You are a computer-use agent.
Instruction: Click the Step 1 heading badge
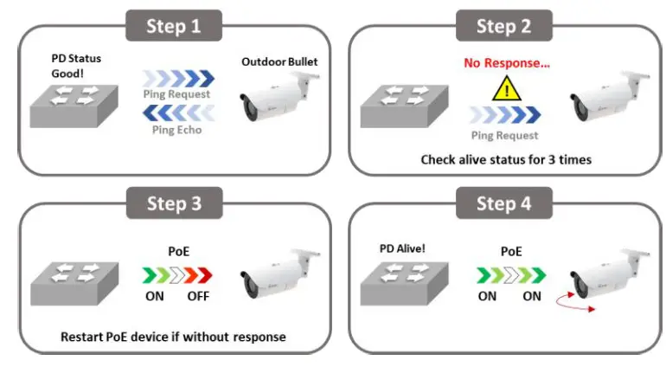click(174, 26)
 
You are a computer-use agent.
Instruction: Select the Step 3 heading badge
click(174, 203)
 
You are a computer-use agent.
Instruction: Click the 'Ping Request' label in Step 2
click(505, 135)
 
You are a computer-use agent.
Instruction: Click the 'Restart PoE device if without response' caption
click(174, 336)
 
